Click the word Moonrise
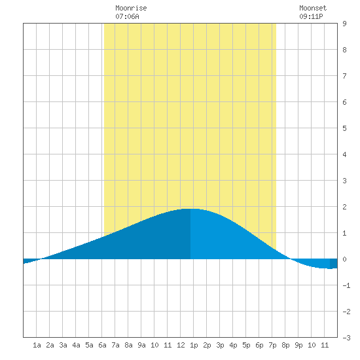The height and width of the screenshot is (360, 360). pos(131,8)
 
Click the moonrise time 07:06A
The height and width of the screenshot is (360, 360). pos(127,16)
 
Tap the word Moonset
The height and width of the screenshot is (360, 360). pos(313,8)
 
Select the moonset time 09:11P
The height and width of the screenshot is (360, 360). pos(311,16)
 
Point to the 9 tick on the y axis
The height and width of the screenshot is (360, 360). pos(344,24)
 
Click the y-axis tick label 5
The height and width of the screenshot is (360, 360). pos(344,128)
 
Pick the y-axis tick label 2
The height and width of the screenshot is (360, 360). pos(344,207)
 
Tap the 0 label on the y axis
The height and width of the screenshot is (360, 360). pos(344,259)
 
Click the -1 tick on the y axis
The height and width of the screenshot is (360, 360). pos(346,285)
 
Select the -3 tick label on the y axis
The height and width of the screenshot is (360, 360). pos(346,338)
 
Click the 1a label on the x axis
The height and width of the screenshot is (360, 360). pos(37,345)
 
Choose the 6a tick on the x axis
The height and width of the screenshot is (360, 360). pos(102,345)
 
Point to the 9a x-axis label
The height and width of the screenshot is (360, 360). pos(141,345)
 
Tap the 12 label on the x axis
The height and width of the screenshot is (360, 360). pos(181,345)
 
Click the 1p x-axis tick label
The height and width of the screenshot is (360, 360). pos(194,345)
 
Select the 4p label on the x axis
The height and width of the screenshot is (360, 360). pos(233,345)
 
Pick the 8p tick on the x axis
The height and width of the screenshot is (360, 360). pos(285,345)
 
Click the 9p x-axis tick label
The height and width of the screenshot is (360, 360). pos(298,345)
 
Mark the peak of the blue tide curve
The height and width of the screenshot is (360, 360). pos(190,209)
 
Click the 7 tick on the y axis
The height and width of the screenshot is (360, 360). pos(344,76)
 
